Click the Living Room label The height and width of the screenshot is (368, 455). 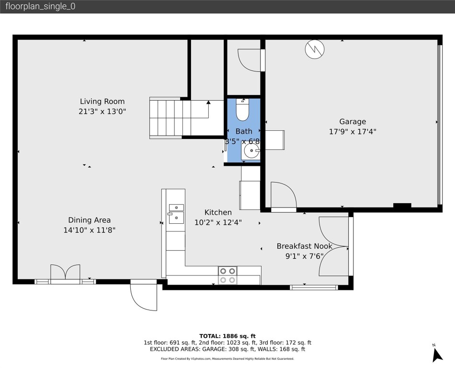(x=102, y=101)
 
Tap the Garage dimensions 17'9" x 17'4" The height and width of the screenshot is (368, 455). (x=353, y=132)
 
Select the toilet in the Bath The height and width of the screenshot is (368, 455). (x=243, y=110)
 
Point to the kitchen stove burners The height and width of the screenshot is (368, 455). (x=227, y=275)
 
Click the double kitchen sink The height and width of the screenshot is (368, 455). (x=176, y=213)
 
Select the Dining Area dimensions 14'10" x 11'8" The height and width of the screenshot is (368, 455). (x=89, y=230)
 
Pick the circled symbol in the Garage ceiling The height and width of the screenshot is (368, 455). (x=315, y=48)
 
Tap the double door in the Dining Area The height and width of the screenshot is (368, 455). (x=65, y=272)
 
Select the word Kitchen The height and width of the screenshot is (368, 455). (x=218, y=212)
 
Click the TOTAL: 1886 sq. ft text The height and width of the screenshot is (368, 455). (x=227, y=336)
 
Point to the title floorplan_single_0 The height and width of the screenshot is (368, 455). (x=40, y=6)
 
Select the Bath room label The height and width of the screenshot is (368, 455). (x=244, y=131)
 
